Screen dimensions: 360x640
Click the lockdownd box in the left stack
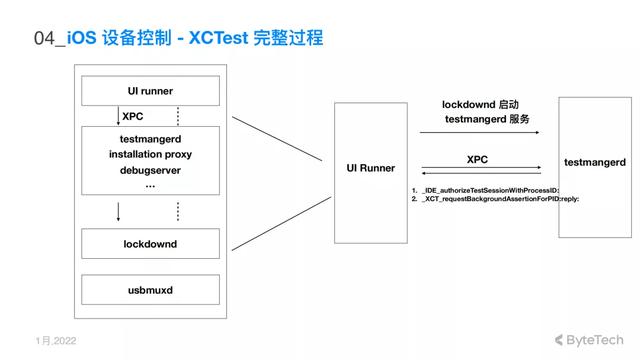coord(150,243)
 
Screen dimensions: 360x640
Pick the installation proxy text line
coord(150,155)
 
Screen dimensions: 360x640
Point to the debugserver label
coord(150,170)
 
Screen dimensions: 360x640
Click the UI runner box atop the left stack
coord(150,91)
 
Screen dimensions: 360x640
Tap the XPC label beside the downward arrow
coord(132,116)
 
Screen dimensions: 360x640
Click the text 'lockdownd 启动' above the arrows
coord(481,104)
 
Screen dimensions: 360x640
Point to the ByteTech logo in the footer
coord(590,340)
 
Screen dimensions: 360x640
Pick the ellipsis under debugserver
coord(150,186)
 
